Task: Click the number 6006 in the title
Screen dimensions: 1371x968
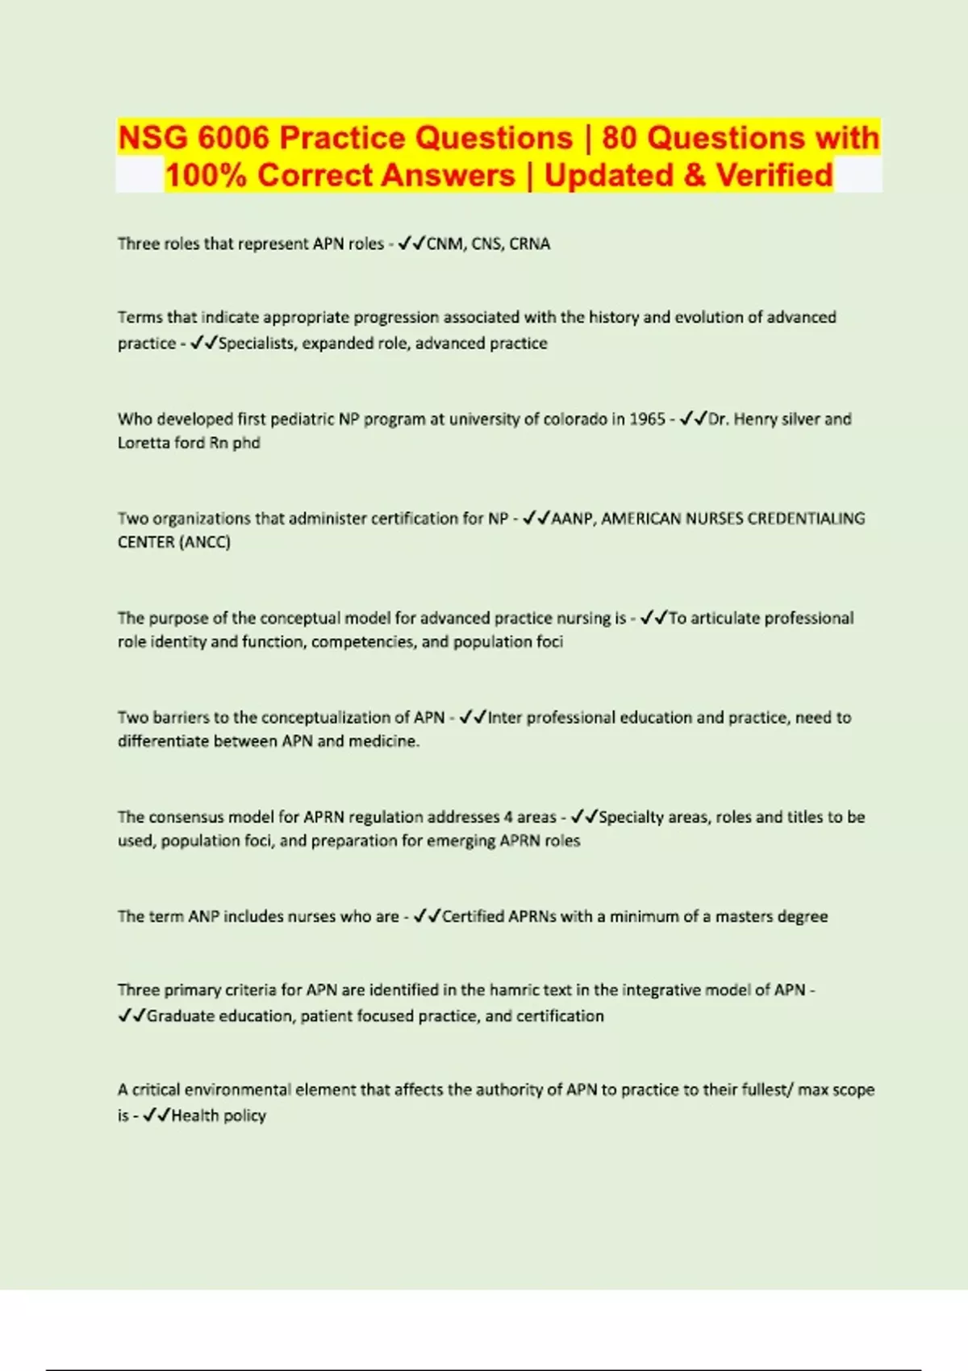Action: coord(233,138)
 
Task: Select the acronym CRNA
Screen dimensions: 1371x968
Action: coord(530,244)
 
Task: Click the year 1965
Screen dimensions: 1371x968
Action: coord(646,419)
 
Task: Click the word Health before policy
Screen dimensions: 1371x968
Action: coord(194,1115)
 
